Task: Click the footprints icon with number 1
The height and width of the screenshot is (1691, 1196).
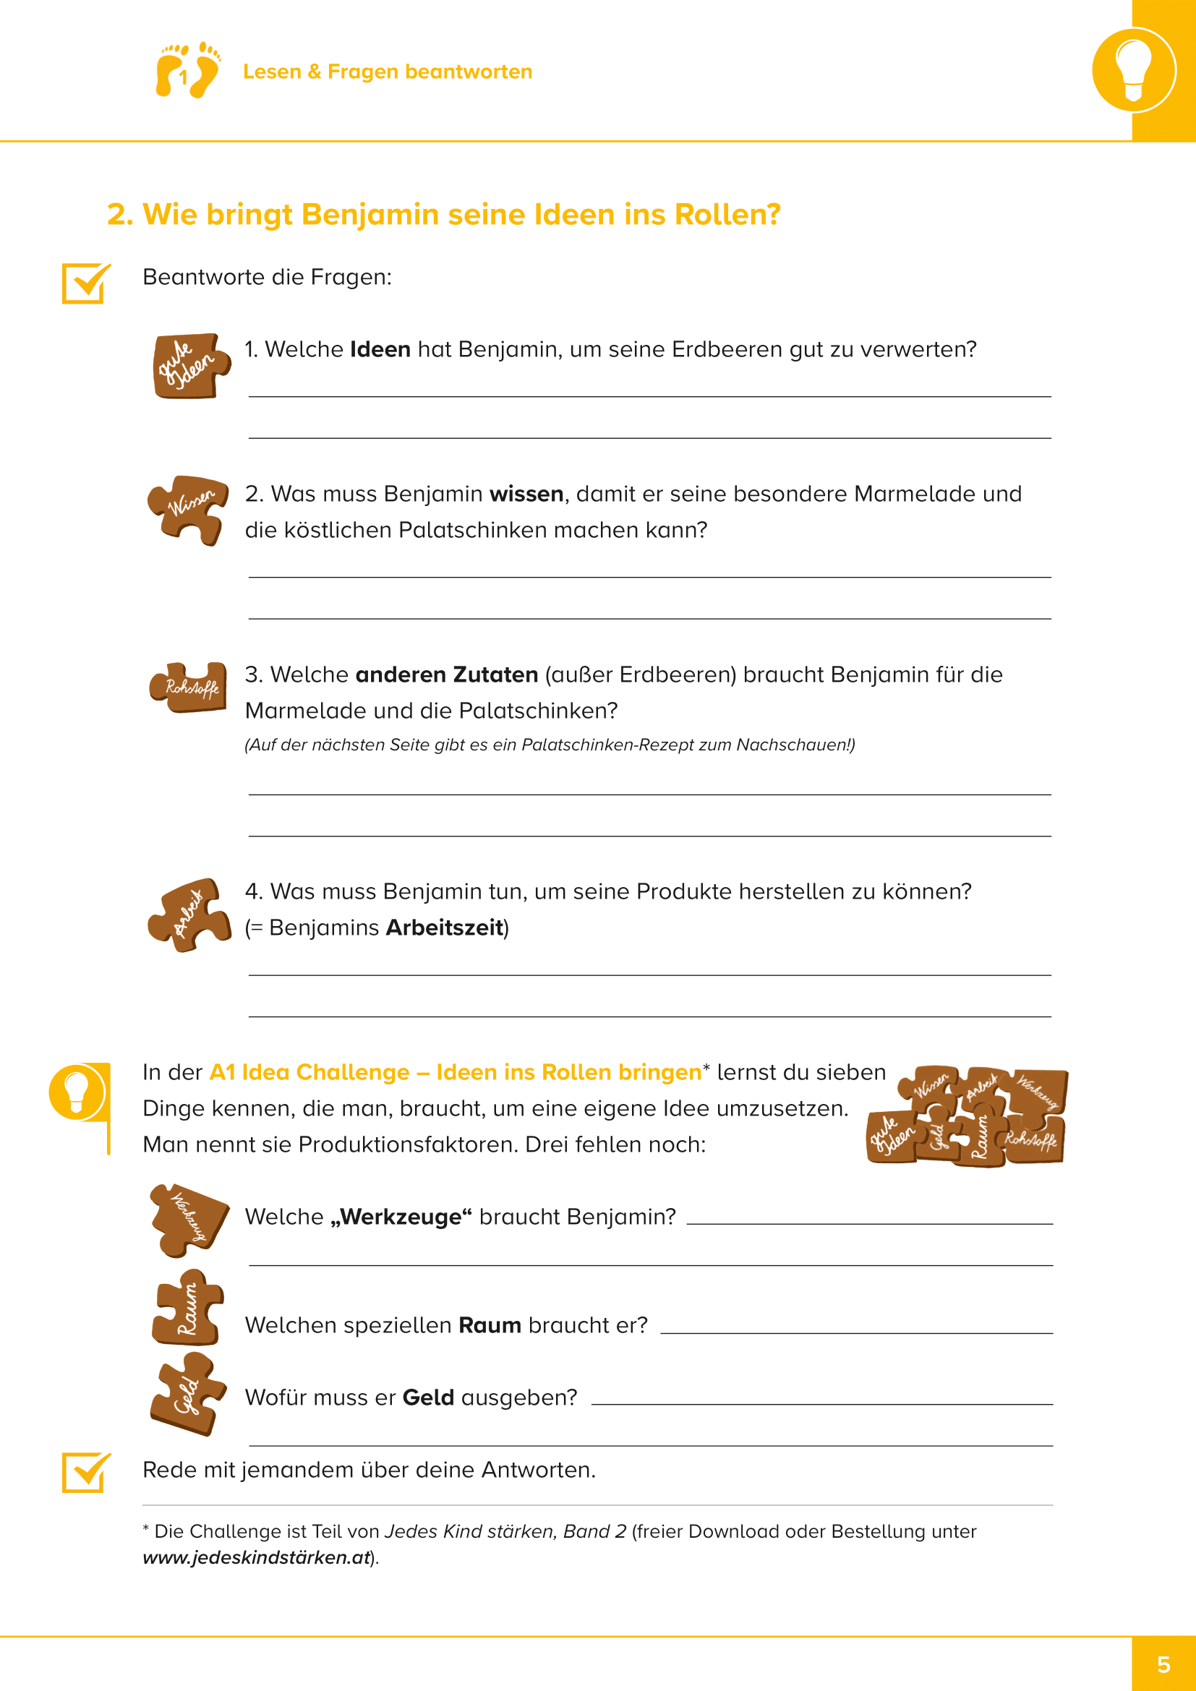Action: [x=187, y=71]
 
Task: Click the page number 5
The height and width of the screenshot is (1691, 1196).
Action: [x=1163, y=1664]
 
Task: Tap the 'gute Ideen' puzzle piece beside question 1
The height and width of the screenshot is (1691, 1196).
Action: [x=190, y=366]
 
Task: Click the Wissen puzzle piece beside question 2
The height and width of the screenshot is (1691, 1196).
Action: [x=187, y=509]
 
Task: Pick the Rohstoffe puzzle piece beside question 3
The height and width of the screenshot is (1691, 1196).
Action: [x=189, y=687]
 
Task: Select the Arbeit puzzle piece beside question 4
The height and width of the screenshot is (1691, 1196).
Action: [x=189, y=915]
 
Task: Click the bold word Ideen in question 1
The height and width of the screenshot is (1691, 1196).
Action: [x=380, y=349]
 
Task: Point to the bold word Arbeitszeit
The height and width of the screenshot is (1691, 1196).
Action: [x=445, y=928]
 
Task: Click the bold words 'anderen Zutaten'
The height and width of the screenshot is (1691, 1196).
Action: [x=446, y=675]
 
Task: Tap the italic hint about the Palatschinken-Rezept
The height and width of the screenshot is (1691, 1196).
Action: [x=550, y=745]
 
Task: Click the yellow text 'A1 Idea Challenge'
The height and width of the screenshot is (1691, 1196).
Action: [x=309, y=1072]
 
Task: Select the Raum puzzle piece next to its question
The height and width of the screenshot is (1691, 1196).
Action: [x=187, y=1308]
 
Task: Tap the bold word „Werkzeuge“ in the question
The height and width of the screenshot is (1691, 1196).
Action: [x=401, y=1217]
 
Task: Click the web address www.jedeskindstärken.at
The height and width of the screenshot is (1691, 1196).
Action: [x=256, y=1558]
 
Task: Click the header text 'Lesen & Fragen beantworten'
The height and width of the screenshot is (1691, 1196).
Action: [x=388, y=72]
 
